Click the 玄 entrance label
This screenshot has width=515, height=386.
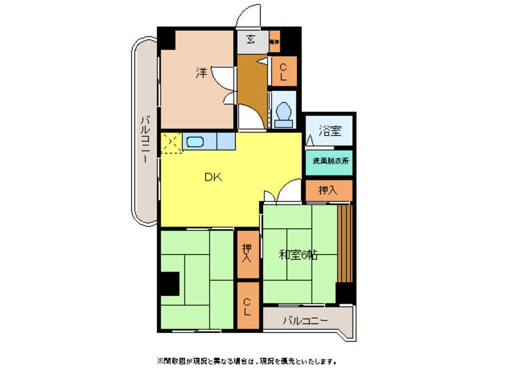(251, 41)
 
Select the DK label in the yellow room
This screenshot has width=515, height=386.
(212, 177)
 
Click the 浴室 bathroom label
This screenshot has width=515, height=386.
(329, 130)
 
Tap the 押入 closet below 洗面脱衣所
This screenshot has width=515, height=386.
(329, 191)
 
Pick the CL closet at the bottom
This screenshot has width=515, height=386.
(247, 306)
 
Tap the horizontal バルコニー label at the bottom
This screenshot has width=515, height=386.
(305, 320)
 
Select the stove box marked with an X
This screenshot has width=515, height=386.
(170, 142)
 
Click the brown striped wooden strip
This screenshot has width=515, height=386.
(345, 244)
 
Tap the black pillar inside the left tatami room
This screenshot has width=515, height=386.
(170, 284)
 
